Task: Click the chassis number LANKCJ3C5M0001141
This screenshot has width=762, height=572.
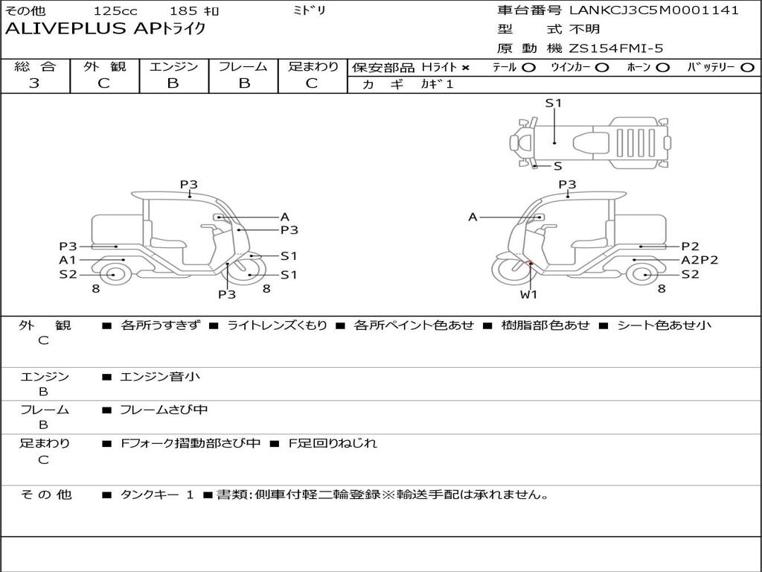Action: pyautogui.click(x=653, y=10)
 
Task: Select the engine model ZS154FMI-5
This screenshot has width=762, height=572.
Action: pyautogui.click(x=615, y=48)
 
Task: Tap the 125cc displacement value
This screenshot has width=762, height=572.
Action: pyautogui.click(x=115, y=10)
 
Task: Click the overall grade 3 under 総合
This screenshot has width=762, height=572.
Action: pyautogui.click(x=34, y=83)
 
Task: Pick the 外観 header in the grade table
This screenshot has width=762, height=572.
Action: pyautogui.click(x=104, y=66)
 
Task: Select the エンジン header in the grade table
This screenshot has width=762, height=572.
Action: pyautogui.click(x=173, y=66)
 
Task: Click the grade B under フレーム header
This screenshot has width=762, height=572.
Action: pyautogui.click(x=244, y=83)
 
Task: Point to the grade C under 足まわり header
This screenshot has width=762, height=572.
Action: pyautogui.click(x=312, y=83)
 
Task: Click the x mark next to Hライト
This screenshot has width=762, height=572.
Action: pyautogui.click(x=466, y=68)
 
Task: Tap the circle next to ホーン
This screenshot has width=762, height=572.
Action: pyautogui.click(x=662, y=68)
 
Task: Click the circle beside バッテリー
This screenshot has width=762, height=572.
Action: pyautogui.click(x=748, y=68)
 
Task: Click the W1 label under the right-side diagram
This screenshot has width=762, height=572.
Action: pyautogui.click(x=528, y=294)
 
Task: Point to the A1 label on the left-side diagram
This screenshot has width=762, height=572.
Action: pyautogui.click(x=68, y=260)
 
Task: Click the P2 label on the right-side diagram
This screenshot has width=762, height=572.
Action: pyautogui.click(x=690, y=246)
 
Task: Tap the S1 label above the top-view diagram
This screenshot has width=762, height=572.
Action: pyautogui.click(x=553, y=103)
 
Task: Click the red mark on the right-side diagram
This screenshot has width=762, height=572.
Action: pyautogui.click(x=530, y=263)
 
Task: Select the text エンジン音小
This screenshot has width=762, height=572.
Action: pyautogui.click(x=160, y=376)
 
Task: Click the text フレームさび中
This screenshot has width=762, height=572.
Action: pyautogui.click(x=164, y=410)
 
